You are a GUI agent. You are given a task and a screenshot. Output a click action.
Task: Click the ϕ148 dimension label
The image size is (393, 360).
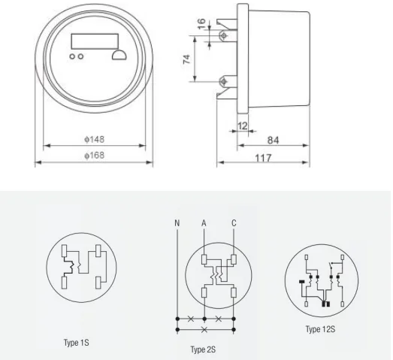coord(94,141)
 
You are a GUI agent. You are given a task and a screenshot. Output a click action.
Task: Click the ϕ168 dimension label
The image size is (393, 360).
coord(94,156)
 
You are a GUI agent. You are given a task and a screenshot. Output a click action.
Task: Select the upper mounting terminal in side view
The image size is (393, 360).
coord(223,35)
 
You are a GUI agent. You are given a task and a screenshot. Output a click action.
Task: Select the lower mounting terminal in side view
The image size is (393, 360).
coord(223,80)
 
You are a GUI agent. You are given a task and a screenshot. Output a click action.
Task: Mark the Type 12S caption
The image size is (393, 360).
coord(322,328)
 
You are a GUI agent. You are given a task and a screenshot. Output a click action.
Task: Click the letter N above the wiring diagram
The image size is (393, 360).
coord(177,222)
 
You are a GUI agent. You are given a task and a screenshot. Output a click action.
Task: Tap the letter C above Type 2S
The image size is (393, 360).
coord(235,222)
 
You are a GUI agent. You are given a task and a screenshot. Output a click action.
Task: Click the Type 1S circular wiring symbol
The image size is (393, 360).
coord(80,266)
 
